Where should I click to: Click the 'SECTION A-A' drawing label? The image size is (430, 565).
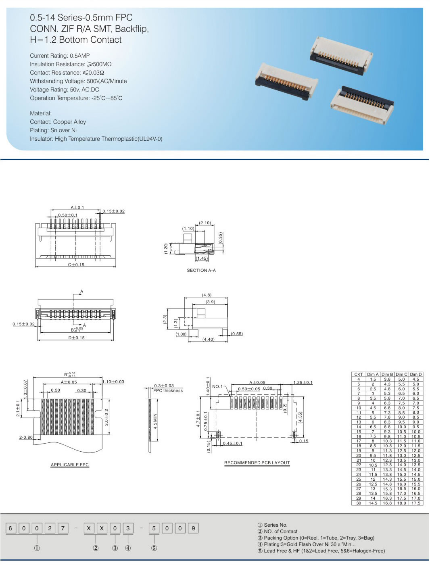[201, 270]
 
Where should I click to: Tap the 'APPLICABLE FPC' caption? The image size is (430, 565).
[70, 465]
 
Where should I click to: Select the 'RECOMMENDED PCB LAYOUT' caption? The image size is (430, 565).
[257, 463]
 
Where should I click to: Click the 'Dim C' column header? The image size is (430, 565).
[401, 374]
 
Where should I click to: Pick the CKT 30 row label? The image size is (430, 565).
[358, 503]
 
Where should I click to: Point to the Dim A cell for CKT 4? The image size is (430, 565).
[373, 379]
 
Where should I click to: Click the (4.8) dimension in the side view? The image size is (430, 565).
[207, 295]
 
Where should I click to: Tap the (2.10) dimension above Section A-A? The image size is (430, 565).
[205, 223]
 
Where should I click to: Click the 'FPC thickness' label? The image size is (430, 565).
[168, 390]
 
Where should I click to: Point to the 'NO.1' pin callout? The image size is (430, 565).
[217, 386]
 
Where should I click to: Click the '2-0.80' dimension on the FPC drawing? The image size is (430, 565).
[26, 437]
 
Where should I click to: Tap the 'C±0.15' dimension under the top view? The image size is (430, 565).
[76, 265]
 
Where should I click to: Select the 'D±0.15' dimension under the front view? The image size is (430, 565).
[76, 338]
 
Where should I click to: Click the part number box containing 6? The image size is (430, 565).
[11, 528]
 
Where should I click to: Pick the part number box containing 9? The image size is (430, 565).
[193, 528]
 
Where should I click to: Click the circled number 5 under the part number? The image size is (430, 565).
[154, 548]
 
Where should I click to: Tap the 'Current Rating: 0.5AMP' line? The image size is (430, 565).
[60, 56]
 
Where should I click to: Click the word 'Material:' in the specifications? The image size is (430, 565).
[41, 113]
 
